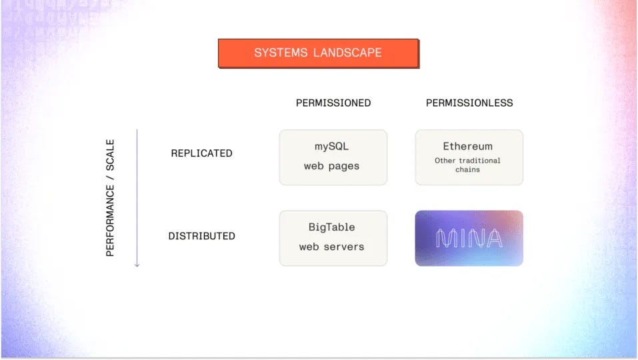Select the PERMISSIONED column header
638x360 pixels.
click(x=333, y=103)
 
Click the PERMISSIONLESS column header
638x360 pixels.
click(x=469, y=103)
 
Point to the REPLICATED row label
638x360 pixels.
click(x=201, y=153)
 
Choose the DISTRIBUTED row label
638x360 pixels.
click(x=201, y=236)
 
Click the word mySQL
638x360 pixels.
click(x=331, y=147)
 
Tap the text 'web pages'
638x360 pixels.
click(x=331, y=166)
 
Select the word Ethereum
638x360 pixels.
click(x=468, y=147)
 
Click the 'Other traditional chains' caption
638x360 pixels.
click(x=468, y=165)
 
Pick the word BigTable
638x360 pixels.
click(x=331, y=227)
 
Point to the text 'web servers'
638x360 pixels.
click(x=331, y=247)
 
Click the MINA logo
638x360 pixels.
click(x=469, y=239)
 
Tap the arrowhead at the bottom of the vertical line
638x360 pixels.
click(x=137, y=265)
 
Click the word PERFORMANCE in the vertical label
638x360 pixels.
click(x=111, y=221)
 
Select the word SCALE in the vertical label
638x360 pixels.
click(x=111, y=155)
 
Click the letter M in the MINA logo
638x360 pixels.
click(x=445, y=239)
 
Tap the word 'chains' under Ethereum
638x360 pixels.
click(x=468, y=169)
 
